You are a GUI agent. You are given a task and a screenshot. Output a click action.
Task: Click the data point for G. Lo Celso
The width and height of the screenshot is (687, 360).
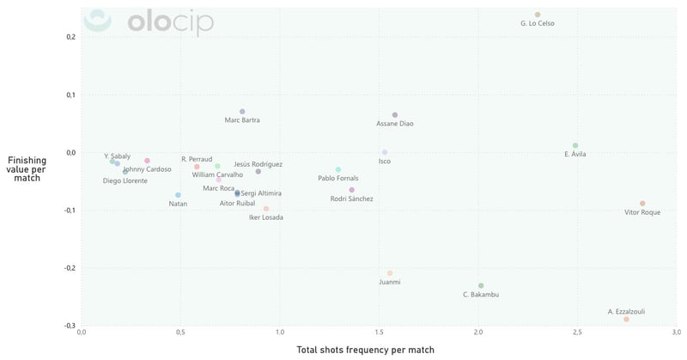coord(538,15)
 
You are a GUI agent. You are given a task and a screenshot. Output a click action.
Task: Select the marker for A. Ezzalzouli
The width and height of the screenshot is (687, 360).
coord(627,319)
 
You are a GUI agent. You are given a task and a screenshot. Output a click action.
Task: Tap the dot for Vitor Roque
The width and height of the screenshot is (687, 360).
coord(642,204)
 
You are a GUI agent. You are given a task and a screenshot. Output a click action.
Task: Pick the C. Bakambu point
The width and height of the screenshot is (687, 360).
coord(481,285)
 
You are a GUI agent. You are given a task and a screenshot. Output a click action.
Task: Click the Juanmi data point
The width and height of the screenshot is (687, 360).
coord(390,273)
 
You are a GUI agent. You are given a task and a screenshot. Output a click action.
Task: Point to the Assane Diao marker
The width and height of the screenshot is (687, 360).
coord(395,115)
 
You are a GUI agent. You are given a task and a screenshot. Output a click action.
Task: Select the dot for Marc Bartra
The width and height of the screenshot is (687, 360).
coord(242,112)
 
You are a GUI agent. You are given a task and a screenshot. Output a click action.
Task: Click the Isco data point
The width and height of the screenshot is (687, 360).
coord(385,152)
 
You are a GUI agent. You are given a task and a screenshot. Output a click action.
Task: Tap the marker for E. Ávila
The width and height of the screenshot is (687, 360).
coord(575,145)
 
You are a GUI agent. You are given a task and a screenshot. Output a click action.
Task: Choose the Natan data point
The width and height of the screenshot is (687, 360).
coord(178,195)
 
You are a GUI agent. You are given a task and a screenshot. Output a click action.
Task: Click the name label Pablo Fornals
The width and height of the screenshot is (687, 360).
coord(338,179)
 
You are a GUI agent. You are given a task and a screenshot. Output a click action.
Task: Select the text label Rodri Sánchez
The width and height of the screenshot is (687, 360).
coord(352,198)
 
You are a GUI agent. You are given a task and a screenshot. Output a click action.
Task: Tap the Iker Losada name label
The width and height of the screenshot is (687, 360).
coord(265,217)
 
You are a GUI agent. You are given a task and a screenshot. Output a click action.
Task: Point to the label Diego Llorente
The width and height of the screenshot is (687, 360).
coord(125,180)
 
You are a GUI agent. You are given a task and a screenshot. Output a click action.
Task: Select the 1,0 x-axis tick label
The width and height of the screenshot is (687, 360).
coord(280,332)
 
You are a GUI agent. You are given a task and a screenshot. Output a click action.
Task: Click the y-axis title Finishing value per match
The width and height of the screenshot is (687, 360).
coord(27,168)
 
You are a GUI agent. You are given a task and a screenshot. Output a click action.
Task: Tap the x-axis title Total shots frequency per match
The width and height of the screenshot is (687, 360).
coord(365,350)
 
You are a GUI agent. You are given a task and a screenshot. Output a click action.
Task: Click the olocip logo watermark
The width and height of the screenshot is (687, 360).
coord(151,22)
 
